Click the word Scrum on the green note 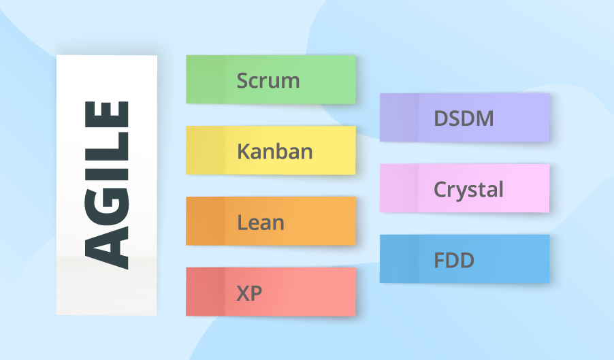tap(268, 80)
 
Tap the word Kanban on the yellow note tap(275, 150)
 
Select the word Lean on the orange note tap(261, 222)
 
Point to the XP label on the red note tap(249, 293)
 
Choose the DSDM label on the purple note tap(464, 118)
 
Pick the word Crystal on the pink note tap(468, 189)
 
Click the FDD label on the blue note tap(454, 260)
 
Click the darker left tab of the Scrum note tap(205, 80)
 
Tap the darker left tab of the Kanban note tap(205, 150)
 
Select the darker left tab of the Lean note tap(205, 221)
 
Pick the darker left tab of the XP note tap(205, 292)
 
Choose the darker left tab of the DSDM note tap(398, 118)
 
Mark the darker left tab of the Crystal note tap(398, 189)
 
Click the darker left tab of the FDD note tap(398, 259)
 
